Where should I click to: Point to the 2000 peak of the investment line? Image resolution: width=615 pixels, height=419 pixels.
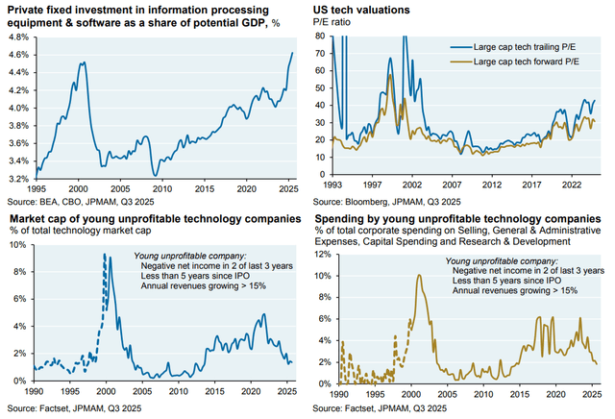83,62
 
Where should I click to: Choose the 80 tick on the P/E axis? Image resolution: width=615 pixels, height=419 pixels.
318,37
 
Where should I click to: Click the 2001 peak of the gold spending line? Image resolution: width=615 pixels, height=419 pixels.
419,275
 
